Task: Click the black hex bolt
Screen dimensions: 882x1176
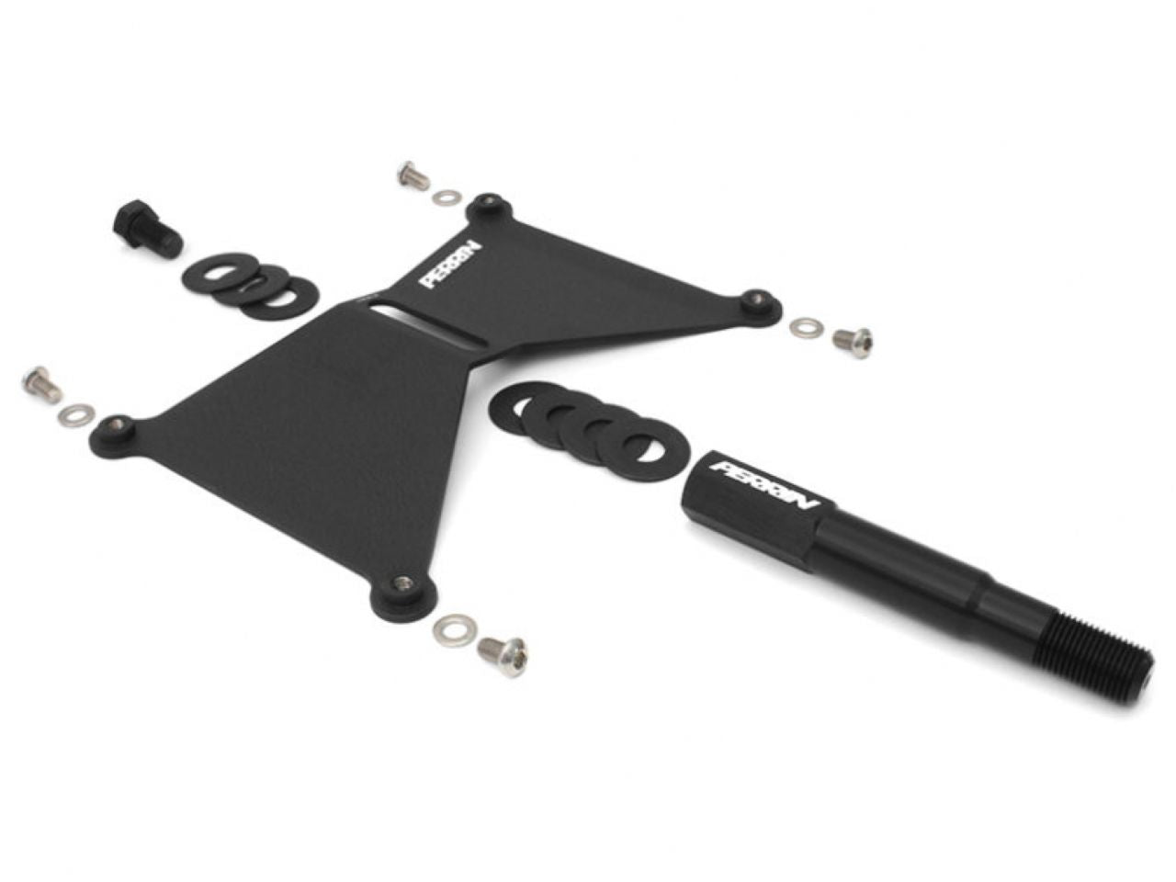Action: (147, 229)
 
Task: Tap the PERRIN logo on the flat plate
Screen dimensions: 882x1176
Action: (451, 265)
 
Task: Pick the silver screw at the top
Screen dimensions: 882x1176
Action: (413, 175)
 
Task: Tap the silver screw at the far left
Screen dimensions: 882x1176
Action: (41, 384)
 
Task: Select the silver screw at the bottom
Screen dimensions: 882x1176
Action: (503, 655)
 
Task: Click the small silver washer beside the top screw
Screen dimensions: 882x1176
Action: (447, 197)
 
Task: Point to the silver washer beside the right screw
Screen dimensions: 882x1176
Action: (807, 326)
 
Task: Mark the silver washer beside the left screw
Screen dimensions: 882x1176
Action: (73, 415)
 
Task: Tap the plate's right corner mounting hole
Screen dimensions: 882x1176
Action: (756, 300)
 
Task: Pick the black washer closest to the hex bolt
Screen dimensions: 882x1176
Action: (214, 275)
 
